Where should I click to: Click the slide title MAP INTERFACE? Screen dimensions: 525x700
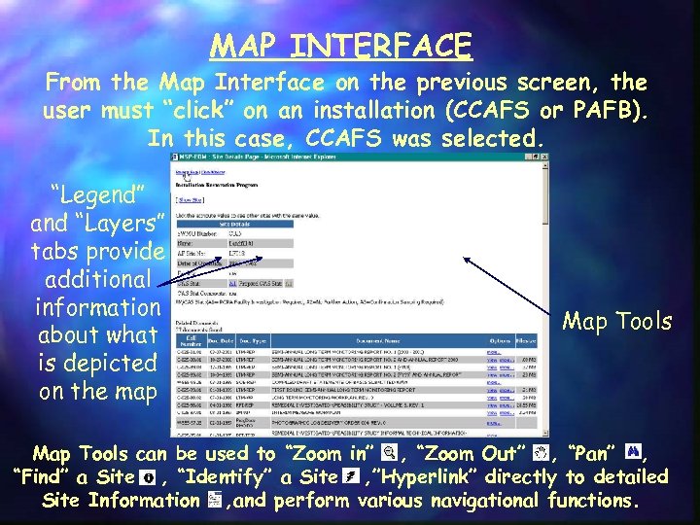[340, 46]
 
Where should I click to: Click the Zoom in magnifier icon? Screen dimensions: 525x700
[389, 453]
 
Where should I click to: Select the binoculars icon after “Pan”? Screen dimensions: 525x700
[634, 453]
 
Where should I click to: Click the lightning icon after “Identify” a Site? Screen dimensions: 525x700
[352, 477]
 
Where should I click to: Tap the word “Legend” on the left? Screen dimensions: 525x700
[97, 194]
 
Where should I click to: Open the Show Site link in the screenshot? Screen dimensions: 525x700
[191, 199]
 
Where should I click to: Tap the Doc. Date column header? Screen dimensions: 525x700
[223, 340]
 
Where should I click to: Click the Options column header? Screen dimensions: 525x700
[501, 340]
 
